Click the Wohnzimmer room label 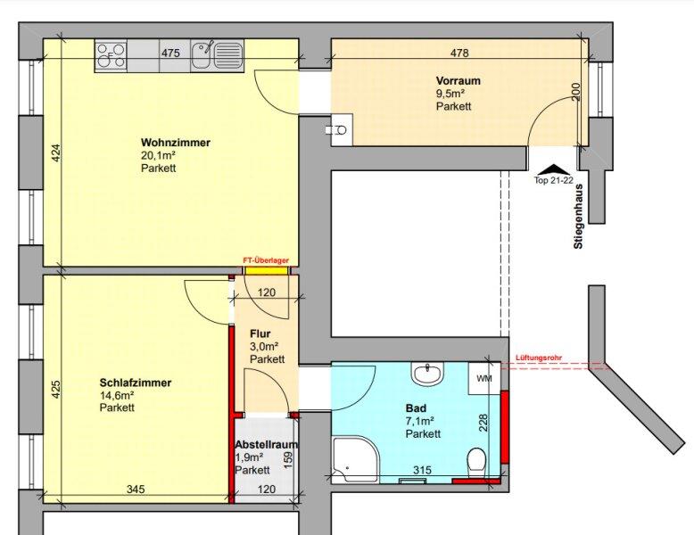tap(176, 143)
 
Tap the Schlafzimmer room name tap(136, 383)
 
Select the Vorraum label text tap(459, 80)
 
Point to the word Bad tap(416, 408)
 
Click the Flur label tap(260, 333)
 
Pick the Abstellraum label tap(266, 444)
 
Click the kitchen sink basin tap(202, 56)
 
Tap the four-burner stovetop tap(112, 56)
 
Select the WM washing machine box tap(484, 378)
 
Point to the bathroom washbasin tap(427, 374)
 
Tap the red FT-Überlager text tap(266, 260)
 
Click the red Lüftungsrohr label tap(539, 358)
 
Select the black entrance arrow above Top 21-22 tap(553, 169)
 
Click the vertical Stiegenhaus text tap(578, 217)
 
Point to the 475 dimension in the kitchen tap(170, 53)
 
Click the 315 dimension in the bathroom tap(422, 470)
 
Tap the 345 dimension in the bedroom tap(136, 489)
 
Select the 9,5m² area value tap(450, 94)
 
